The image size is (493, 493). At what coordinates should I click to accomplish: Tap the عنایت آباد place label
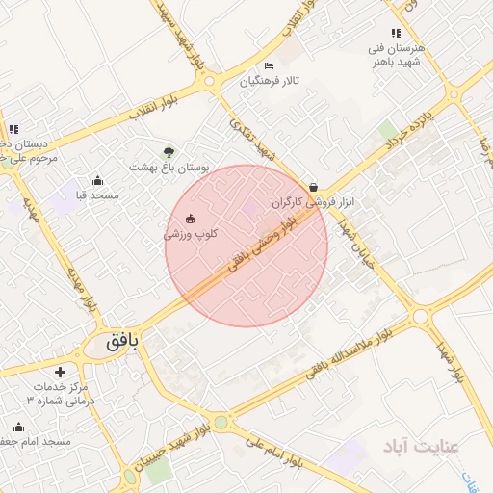[421, 446]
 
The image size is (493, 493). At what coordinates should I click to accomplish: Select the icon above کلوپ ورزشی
[190, 218]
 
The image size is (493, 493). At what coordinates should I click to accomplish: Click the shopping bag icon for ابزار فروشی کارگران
[313, 187]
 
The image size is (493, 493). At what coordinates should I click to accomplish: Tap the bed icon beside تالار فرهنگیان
[270, 65]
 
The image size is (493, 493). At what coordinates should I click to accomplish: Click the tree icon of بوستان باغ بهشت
[169, 152]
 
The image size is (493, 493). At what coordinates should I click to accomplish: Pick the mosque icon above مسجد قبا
[97, 180]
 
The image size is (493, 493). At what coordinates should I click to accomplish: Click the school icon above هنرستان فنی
[396, 33]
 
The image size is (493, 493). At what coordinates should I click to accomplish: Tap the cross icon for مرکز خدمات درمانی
[60, 372]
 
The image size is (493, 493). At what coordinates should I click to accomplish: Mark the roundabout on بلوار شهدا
[419, 316]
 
